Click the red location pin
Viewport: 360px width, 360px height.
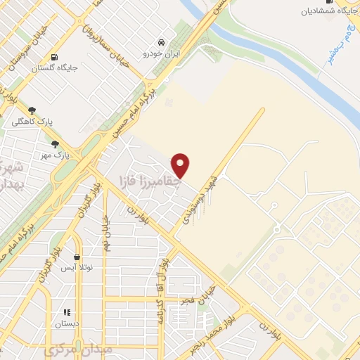click(181, 165)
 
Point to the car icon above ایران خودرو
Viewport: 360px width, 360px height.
click(162, 41)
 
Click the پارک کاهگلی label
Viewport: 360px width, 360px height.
click(30, 121)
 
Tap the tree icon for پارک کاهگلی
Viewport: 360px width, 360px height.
click(31, 110)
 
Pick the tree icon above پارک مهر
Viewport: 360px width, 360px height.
click(55, 143)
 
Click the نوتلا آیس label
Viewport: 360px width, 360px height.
click(77, 268)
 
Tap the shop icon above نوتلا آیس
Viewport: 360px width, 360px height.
click(76, 257)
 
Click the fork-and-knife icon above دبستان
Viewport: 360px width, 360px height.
click(67, 312)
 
